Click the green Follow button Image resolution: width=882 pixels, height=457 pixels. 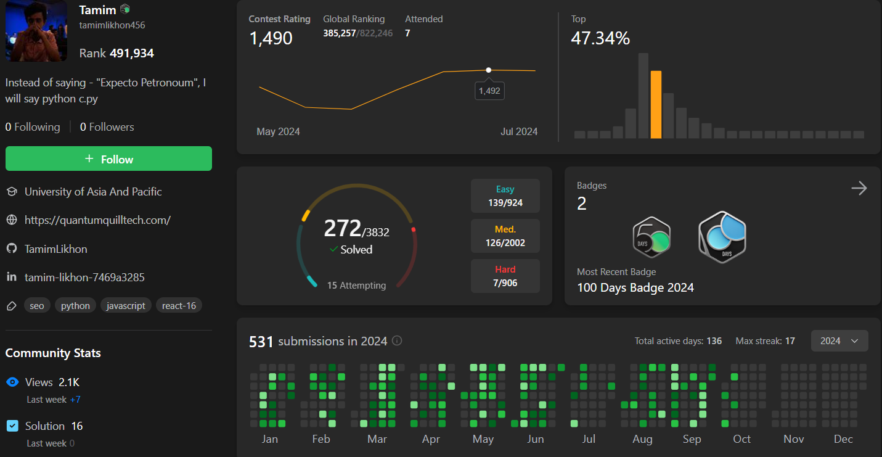(108, 159)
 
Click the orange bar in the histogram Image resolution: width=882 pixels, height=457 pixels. (656, 105)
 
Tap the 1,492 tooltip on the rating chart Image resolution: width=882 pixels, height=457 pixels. (489, 91)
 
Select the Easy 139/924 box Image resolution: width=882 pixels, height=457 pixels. (505, 196)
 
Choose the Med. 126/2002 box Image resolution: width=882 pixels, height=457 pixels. (505, 236)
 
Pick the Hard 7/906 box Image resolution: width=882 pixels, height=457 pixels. (505, 276)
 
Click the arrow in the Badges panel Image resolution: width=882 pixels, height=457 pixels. (859, 189)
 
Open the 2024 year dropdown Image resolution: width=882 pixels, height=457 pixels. (839, 341)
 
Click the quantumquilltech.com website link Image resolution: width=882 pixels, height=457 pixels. (97, 220)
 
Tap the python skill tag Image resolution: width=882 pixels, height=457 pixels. (75, 306)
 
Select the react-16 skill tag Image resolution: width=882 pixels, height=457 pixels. (179, 306)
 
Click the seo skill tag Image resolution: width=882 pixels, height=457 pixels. (37, 306)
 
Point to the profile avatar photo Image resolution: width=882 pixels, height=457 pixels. (36, 31)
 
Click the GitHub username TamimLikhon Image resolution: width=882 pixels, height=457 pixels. (55, 249)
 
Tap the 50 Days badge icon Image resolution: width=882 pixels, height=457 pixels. (651, 237)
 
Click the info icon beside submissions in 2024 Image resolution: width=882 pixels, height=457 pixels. (398, 341)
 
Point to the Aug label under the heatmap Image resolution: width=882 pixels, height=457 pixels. (642, 439)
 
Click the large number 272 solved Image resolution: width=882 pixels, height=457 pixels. (343, 229)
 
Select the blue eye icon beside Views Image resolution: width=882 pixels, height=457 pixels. (12, 382)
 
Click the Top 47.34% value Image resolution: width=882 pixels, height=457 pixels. (600, 39)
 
